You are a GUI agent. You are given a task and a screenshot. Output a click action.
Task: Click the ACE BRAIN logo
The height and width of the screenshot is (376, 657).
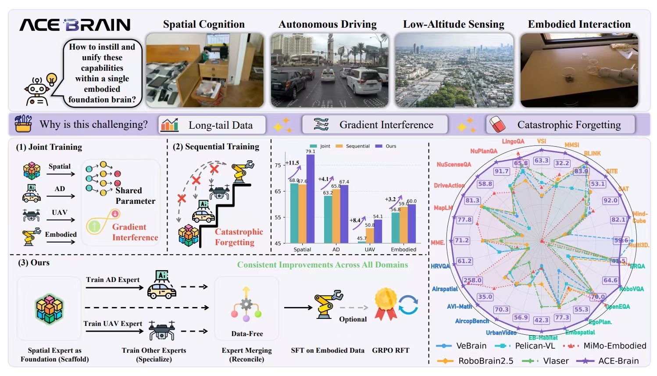point(75,25)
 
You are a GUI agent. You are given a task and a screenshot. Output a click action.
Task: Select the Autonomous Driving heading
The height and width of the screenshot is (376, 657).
point(327,24)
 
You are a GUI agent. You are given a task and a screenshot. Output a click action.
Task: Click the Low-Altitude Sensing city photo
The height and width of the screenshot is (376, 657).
point(453,70)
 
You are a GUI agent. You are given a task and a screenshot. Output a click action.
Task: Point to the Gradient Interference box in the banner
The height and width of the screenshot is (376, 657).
point(375,125)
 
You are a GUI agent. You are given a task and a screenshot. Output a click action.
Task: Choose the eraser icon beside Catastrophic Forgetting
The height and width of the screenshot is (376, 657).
point(497,125)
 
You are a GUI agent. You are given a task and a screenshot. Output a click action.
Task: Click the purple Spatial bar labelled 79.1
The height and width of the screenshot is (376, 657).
point(311,199)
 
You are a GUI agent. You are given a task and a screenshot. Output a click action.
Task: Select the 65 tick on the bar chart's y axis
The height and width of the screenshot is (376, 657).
point(278,192)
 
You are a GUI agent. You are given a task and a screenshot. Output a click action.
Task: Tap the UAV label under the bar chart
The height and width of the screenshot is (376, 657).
point(370,249)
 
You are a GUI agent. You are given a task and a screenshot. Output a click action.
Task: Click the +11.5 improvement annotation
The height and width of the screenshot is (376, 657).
point(292,163)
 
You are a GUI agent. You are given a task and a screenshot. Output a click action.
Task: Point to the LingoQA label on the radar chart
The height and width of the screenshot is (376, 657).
point(513,141)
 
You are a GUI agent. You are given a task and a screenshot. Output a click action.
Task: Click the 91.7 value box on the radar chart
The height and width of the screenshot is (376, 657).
point(501,171)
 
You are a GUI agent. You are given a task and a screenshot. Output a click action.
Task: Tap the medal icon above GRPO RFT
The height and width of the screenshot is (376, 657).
point(385,304)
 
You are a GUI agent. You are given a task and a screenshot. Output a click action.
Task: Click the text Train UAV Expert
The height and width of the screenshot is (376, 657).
point(113,324)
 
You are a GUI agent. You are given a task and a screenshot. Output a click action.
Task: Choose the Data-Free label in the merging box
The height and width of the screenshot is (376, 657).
point(247,334)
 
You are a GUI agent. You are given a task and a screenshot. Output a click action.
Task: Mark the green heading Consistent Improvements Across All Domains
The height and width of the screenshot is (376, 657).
point(322,265)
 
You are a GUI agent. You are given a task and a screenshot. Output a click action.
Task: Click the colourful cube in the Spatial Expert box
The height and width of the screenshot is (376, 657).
point(49,309)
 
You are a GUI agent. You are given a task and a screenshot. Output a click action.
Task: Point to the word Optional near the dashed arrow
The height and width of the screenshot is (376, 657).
point(353,319)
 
